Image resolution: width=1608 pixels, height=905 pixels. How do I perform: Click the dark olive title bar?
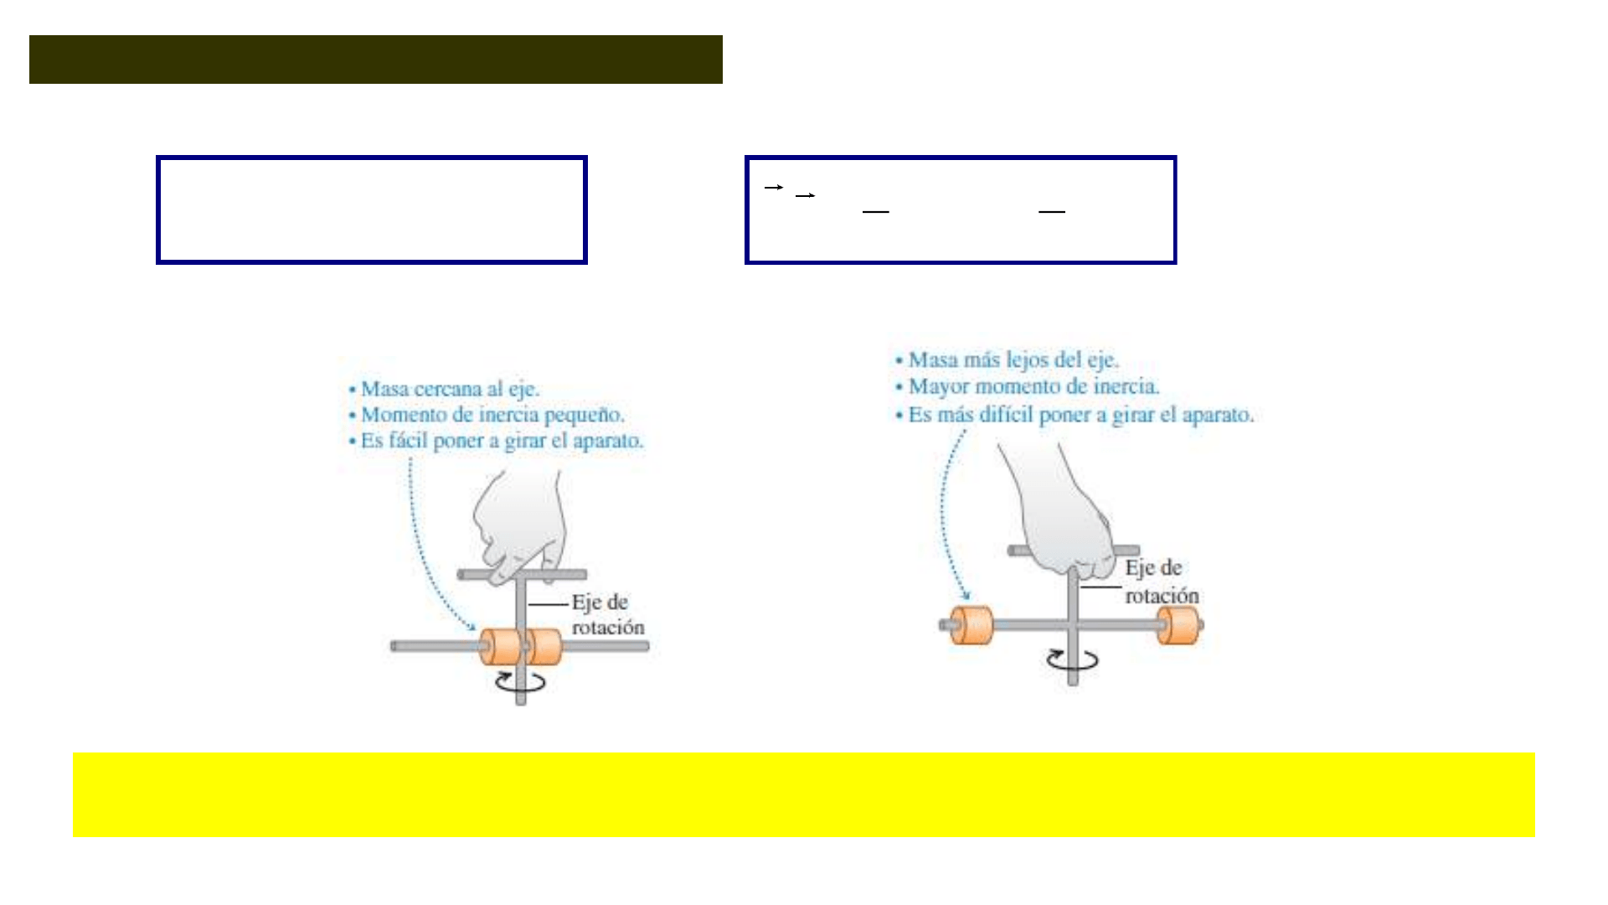click(376, 59)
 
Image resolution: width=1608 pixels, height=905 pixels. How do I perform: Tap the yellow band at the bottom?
click(804, 794)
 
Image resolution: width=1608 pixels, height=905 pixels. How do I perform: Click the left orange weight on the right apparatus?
click(971, 625)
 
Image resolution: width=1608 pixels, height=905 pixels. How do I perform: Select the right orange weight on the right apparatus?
click(1178, 625)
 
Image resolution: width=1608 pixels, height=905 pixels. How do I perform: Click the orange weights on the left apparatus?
click(520, 647)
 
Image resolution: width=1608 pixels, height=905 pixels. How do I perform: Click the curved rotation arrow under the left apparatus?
click(520, 682)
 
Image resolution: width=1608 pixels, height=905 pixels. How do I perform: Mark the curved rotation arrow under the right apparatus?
click(1072, 660)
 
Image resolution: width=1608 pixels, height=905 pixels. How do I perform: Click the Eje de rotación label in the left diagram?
click(608, 614)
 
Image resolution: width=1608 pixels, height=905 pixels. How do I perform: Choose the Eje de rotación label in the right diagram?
click(1162, 582)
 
